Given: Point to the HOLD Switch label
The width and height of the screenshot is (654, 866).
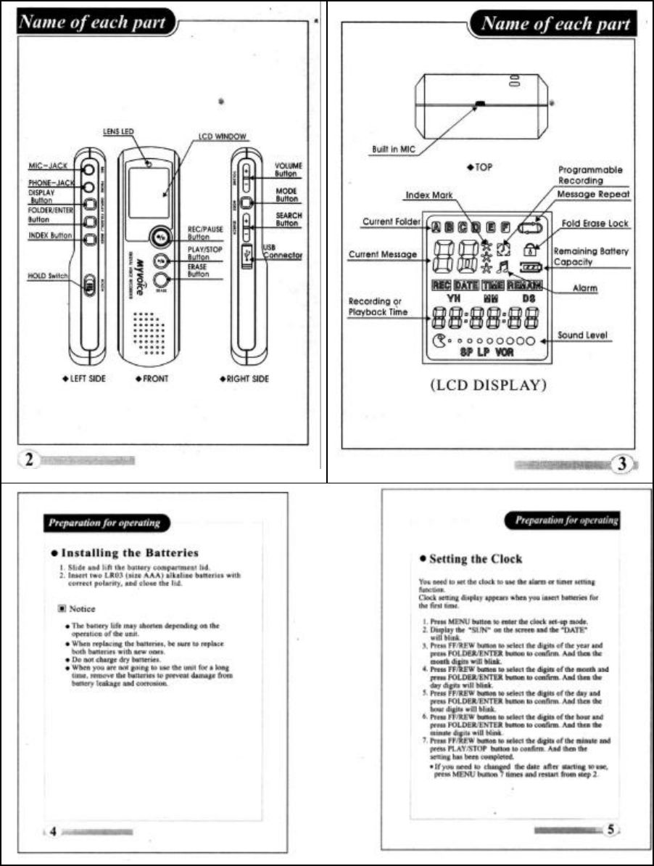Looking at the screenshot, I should pyautogui.click(x=49, y=277).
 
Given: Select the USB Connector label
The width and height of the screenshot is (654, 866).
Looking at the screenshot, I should pyautogui.click(x=282, y=251).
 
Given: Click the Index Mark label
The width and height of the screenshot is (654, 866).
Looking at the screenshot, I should pyautogui.click(x=427, y=195).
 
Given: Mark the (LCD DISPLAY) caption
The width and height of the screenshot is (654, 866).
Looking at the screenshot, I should pyautogui.click(x=487, y=385).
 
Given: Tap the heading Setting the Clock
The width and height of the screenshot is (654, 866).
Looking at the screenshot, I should pyautogui.click(x=475, y=558).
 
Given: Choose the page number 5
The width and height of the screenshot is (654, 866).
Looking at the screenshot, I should pyautogui.click(x=611, y=829).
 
